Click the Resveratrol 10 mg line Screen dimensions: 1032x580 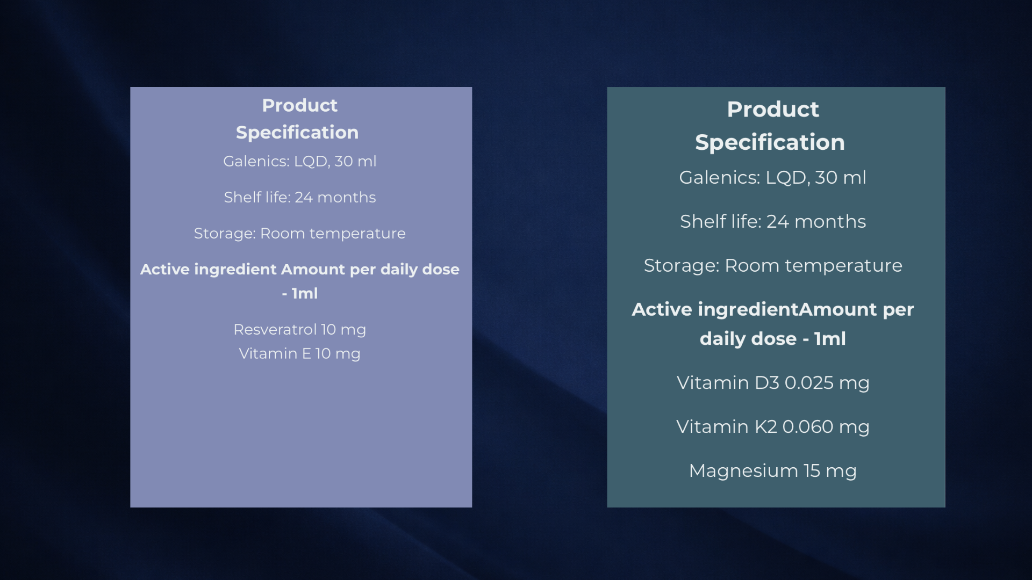coord(300,330)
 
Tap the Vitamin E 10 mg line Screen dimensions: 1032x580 coord(300,354)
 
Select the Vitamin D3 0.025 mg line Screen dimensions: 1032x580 coord(773,383)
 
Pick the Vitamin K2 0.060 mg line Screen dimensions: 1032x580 coord(773,427)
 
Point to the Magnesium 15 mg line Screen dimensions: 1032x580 coord(773,471)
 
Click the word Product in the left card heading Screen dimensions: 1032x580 coord(300,105)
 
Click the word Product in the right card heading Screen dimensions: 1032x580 coord(773,110)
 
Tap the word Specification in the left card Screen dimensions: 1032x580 coord(297,133)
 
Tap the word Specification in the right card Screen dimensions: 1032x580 coord(770,142)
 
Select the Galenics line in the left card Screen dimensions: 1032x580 coord(300,162)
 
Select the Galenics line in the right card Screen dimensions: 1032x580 coord(773,178)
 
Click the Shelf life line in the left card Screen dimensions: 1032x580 coord(300,198)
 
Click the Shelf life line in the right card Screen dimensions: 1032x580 coord(773,222)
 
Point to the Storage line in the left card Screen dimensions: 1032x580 coord(300,234)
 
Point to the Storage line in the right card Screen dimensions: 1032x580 coord(773,266)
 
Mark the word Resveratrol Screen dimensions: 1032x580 coord(275,330)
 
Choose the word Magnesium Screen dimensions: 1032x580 coord(743,471)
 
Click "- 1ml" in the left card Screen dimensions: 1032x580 coord(300,294)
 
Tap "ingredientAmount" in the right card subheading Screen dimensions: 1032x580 coord(787,310)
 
